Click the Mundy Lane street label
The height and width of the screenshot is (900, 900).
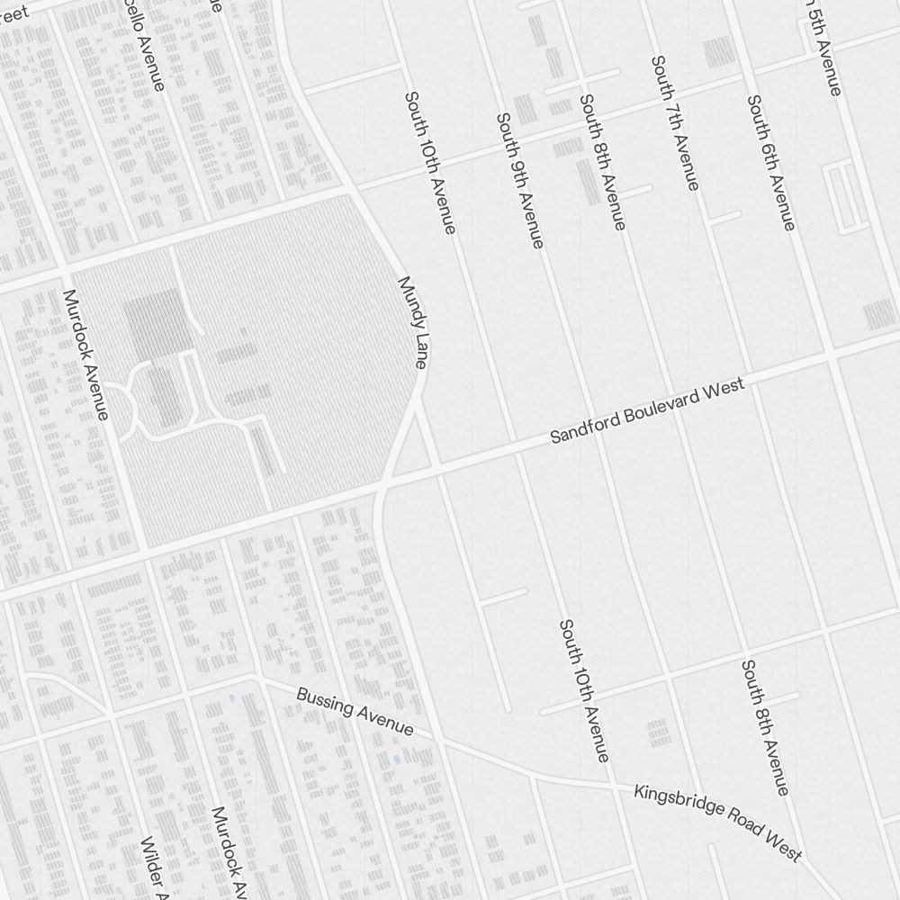[x=413, y=322]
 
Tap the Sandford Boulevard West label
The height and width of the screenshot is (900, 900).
[x=647, y=410]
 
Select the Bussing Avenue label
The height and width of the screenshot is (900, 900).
[x=355, y=712]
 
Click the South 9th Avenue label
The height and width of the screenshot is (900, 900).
[x=520, y=180]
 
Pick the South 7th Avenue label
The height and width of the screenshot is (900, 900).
[x=675, y=123]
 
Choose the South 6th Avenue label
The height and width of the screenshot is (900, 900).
[x=771, y=163]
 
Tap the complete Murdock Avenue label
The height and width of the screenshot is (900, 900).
[x=86, y=355]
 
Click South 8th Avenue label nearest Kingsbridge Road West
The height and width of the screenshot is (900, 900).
[x=765, y=727]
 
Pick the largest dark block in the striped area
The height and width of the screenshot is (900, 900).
[x=158, y=324]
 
